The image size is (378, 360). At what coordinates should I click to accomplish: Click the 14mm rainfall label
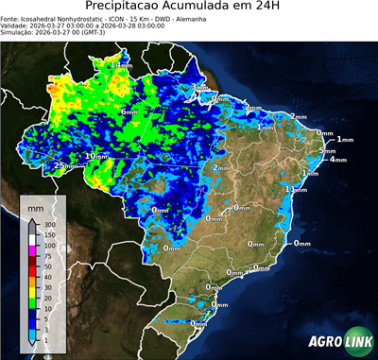click(121, 64)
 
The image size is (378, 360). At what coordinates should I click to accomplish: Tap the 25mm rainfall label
click(63, 166)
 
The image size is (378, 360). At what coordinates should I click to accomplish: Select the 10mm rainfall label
click(95, 156)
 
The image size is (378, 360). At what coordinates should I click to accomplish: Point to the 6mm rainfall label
click(129, 111)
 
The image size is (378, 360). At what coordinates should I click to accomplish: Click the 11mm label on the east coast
click(297, 189)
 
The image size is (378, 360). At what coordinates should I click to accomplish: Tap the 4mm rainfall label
click(337, 160)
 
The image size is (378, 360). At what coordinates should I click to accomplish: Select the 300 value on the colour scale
click(50, 225)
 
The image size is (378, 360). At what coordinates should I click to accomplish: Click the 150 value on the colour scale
click(50, 235)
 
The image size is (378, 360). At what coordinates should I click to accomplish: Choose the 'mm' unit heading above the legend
click(35, 205)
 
